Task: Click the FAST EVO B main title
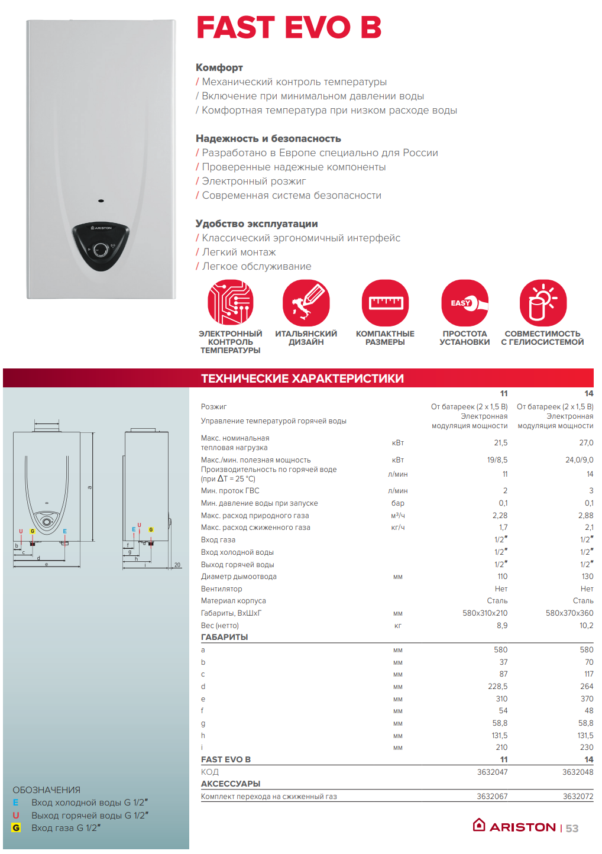tap(289, 27)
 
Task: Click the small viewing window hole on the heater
tap(101, 200)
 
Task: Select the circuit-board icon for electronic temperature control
tap(231, 303)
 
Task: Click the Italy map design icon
tap(306, 303)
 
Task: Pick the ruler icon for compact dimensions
tap(385, 303)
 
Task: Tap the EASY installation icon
tap(465, 303)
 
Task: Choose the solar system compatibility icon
tap(543, 303)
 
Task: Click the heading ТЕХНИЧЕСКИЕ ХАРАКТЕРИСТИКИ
tap(302, 379)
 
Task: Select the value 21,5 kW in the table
tap(500, 443)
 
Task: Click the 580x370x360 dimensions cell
tap(569, 613)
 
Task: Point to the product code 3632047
tap(492, 772)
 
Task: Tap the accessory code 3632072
tap(578, 797)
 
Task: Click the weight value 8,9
tap(501, 626)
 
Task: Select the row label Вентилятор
tap(222, 589)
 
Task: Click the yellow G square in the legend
tap(16, 828)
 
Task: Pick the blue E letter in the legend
tap(16, 803)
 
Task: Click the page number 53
tap(572, 829)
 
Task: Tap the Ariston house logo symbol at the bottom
tap(479, 825)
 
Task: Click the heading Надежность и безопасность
tap(268, 139)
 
